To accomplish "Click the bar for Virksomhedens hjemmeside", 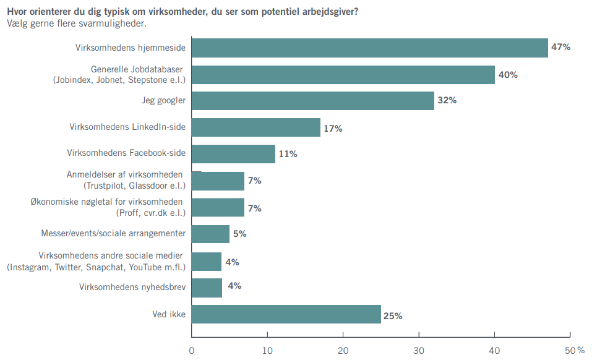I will click(x=370, y=48).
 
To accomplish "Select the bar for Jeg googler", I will click(x=313, y=101).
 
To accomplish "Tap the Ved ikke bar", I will click(x=286, y=314).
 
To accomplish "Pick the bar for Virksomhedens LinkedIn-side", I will click(x=256, y=127).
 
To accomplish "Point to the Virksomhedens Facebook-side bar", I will click(x=234, y=154).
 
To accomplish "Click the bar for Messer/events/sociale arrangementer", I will click(x=211, y=234).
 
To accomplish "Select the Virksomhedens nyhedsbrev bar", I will click(x=207, y=288).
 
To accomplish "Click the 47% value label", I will click(x=560, y=47).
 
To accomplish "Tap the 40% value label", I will click(x=507, y=75).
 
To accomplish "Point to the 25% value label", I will click(x=393, y=316).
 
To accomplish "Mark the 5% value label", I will click(x=239, y=234).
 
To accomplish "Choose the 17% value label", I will click(x=332, y=129).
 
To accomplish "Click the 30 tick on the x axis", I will click(x=419, y=351).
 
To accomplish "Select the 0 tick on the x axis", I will click(x=192, y=351).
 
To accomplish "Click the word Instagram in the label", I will click(x=30, y=267).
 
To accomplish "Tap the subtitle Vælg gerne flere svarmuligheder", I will click(x=77, y=24).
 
